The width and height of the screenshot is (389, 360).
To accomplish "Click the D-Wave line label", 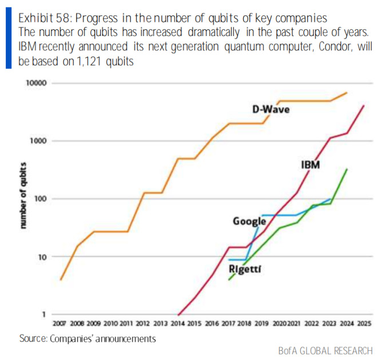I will point(271,109).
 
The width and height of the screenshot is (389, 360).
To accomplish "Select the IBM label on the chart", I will point(310,165).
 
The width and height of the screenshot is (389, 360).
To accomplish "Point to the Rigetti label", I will point(245,269).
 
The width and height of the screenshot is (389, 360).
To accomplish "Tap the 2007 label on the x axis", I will point(60,323).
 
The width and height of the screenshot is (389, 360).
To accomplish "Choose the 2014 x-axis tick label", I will point(178,323).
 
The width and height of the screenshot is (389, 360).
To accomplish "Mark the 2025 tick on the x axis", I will point(364,323).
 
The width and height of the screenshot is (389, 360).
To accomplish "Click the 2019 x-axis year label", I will point(263,323).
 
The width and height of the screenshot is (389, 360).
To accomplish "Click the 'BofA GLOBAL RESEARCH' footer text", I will point(326,350).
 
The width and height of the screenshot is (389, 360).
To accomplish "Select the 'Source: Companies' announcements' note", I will point(88,338).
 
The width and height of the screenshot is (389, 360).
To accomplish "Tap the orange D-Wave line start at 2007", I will point(61,279).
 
